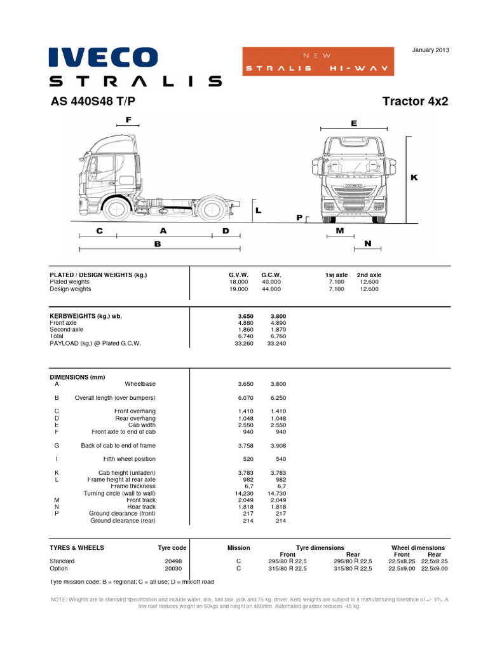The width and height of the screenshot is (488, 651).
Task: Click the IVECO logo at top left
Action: (x=104, y=57)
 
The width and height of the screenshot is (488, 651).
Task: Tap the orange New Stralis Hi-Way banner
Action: (x=317, y=62)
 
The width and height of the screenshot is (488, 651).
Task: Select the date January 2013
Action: (x=431, y=50)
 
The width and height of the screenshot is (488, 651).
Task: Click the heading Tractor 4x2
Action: (x=416, y=102)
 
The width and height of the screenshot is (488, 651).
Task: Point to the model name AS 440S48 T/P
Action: (x=93, y=102)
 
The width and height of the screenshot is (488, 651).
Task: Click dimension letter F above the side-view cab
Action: (x=128, y=120)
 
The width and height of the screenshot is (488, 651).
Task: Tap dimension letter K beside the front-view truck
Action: (x=414, y=177)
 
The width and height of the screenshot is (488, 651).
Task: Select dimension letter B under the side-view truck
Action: (x=158, y=243)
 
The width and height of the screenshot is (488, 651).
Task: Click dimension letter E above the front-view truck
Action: (x=354, y=123)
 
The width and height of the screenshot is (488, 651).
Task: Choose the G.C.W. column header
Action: (x=271, y=275)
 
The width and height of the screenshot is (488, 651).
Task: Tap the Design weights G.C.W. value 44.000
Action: (x=271, y=289)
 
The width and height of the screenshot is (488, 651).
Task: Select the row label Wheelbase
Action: (x=140, y=384)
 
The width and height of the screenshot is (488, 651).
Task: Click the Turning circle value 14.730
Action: (x=277, y=493)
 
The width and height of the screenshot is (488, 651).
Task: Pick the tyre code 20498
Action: (x=173, y=561)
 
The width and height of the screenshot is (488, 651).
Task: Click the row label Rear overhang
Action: (x=135, y=418)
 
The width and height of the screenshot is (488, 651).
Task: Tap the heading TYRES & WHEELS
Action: (x=77, y=547)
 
